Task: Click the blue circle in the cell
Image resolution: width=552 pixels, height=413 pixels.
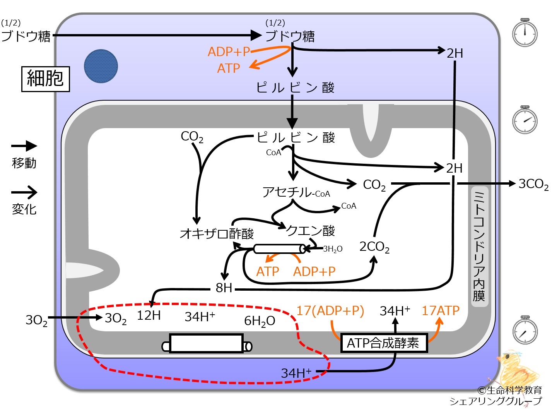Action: [101, 66]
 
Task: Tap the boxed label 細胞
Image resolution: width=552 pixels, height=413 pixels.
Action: [46, 79]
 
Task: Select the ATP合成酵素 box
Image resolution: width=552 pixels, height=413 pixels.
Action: [384, 343]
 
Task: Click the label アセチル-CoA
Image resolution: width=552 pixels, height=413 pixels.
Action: [296, 192]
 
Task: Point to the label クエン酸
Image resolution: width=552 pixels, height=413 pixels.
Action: [310, 230]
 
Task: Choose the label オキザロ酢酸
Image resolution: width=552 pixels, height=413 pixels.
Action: [217, 233]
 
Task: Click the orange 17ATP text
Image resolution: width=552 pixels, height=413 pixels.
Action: [441, 310]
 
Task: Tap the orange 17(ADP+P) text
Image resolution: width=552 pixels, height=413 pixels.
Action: [330, 311]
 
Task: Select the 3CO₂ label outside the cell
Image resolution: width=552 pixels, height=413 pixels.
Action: [533, 184]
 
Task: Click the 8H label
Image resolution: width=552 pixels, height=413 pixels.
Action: [224, 288]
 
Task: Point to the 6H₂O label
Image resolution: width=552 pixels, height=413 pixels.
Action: [260, 321]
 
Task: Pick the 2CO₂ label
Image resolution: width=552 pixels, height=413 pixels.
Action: [374, 247]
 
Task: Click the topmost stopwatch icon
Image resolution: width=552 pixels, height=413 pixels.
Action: [525, 33]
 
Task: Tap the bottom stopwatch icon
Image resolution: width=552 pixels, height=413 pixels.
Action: [525, 330]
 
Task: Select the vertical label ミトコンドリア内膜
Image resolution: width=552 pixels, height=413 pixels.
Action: [479, 246]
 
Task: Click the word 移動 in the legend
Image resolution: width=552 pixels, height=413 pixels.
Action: [24, 163]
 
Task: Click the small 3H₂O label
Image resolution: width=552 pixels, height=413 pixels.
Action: [333, 249]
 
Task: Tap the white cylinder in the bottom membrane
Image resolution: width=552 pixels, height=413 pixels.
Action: [207, 344]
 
